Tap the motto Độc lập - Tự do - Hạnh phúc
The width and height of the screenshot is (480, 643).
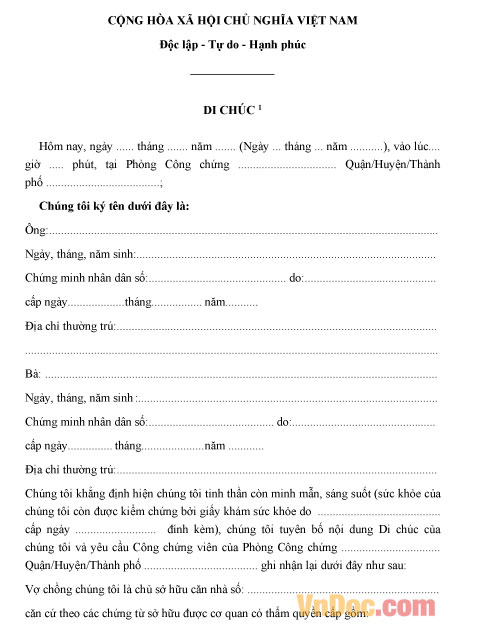232,45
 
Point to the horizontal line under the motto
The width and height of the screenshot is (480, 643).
232,74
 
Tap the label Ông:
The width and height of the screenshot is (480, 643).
34,230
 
